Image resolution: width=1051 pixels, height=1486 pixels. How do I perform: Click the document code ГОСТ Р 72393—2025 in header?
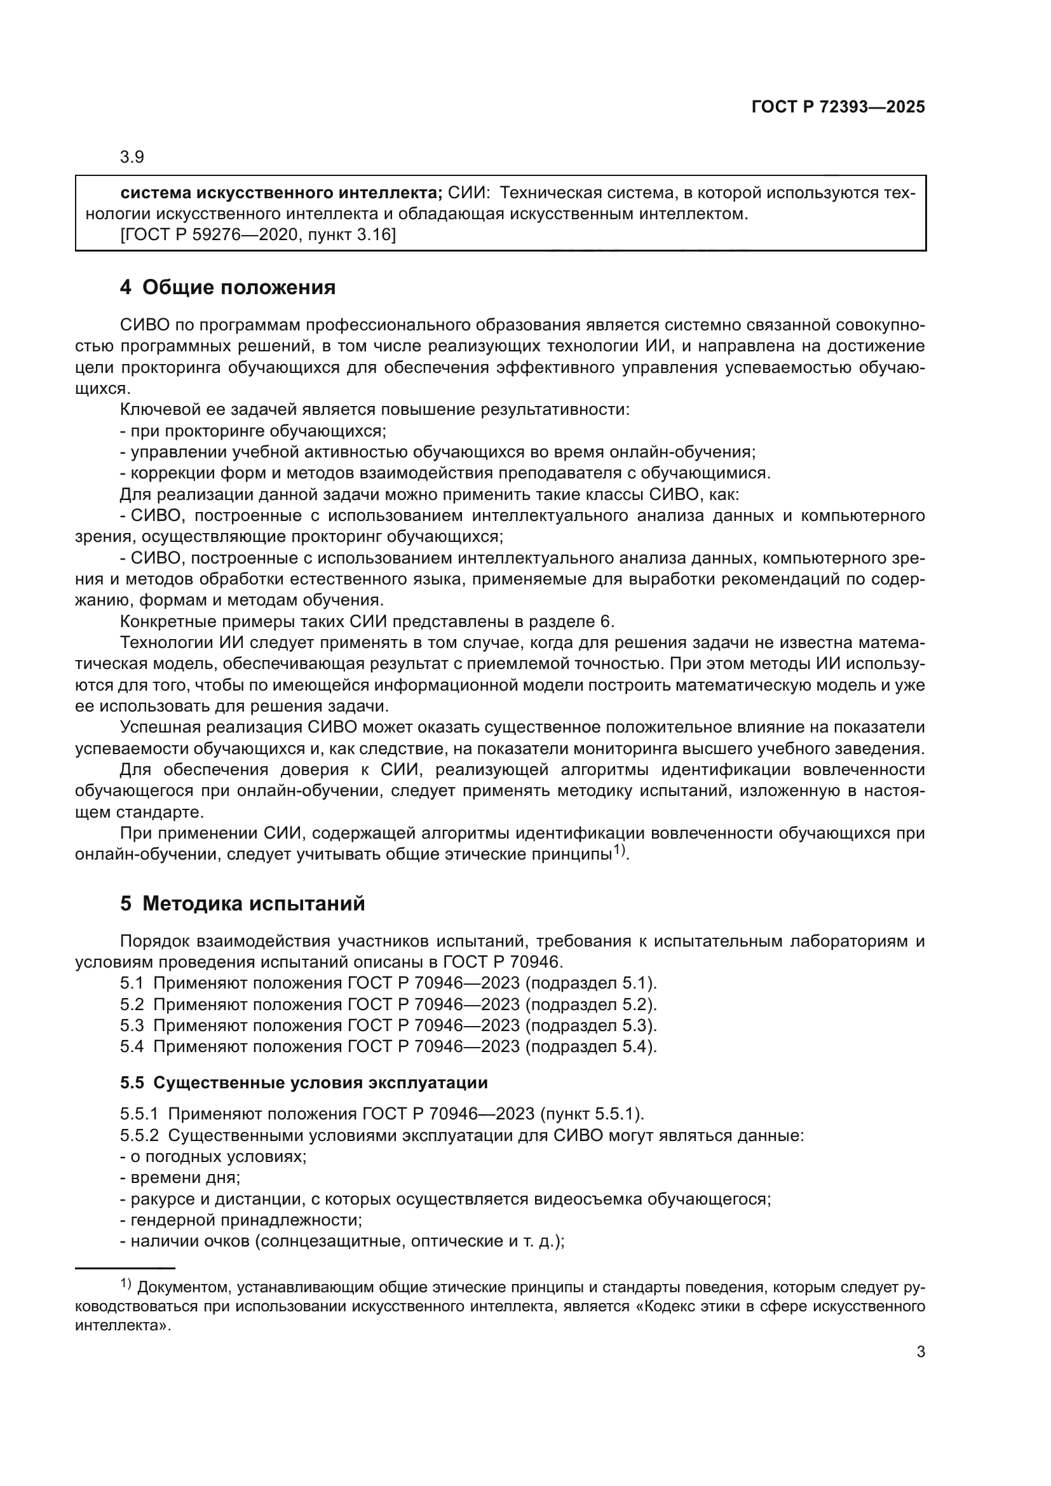(x=837, y=107)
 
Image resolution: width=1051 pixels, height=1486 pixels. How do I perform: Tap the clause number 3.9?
(x=132, y=158)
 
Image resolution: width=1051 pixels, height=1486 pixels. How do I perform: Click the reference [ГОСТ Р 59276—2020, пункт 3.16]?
(x=258, y=235)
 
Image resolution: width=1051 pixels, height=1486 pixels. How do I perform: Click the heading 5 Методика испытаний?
(x=242, y=903)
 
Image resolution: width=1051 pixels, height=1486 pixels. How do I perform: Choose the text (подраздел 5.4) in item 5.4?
(x=590, y=1046)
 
